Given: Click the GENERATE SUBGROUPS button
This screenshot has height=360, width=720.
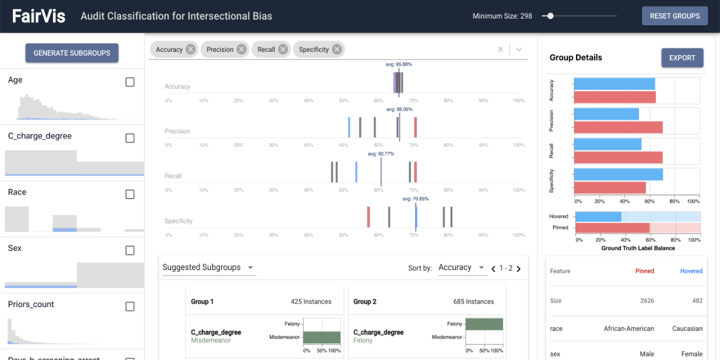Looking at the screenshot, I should pos(72,53).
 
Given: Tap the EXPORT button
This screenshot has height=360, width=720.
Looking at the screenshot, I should pos(682,57).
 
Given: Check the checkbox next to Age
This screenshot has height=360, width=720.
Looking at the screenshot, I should pos(130,82).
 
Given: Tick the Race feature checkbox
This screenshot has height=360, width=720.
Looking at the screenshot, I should pos(130,194).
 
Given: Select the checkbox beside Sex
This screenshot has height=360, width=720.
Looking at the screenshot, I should pos(130,250).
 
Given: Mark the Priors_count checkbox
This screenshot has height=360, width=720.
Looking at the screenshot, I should pos(130,307).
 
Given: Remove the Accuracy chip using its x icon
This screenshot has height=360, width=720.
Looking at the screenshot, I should pos(191,49).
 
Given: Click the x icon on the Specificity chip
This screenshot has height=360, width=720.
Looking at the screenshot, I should pos(336,49).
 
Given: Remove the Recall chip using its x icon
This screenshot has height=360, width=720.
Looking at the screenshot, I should pos(283,49).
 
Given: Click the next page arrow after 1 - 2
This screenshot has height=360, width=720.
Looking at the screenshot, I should pos(519,269).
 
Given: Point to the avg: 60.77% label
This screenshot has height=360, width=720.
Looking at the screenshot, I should pos(381,154).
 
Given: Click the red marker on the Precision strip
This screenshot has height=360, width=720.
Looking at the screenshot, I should pos(416,127).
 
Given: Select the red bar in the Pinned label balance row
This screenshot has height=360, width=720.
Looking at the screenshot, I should pos(613,228).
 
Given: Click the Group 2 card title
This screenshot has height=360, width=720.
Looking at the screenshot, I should pos(365,301).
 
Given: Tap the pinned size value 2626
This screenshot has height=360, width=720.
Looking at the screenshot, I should pos(647,300).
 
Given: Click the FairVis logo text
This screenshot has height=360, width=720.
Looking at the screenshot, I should pos(39,16).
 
